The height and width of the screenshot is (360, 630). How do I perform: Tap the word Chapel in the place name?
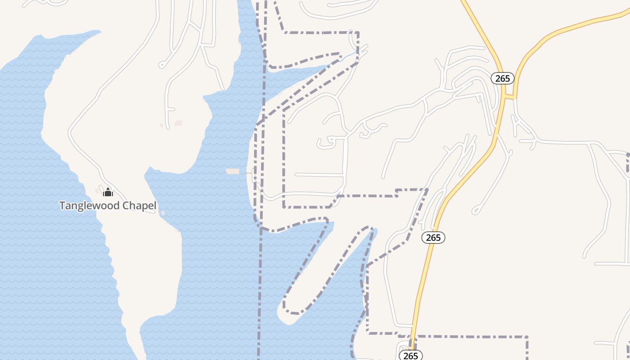tap(140, 206)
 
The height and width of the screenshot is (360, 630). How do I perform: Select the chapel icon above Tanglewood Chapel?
tap(108, 193)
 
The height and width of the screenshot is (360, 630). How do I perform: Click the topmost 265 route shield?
tap(502, 78)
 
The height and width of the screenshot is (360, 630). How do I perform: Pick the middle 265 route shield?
tap(433, 237)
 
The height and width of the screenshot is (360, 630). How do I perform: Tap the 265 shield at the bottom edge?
tap(410, 355)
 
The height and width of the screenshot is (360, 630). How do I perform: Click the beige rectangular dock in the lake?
tap(233, 171)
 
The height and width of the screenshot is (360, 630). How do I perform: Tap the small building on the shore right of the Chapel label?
tap(162, 213)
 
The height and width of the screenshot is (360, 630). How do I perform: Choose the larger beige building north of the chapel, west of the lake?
tap(178, 123)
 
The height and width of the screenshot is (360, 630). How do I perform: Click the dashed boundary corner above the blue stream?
tap(358, 33)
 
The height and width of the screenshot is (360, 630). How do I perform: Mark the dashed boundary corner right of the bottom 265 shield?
tap(526, 337)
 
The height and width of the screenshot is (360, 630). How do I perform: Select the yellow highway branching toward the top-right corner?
tap(571, 26)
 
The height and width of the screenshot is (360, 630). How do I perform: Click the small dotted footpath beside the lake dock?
tap(249, 172)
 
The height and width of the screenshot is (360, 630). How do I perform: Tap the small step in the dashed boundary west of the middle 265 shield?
tap(396, 193)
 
